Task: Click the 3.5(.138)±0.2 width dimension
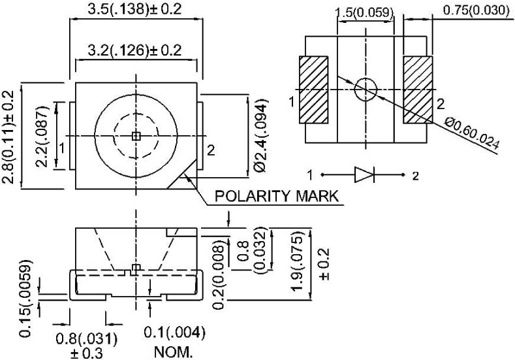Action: (x=134, y=9)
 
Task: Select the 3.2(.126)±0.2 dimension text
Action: (x=134, y=50)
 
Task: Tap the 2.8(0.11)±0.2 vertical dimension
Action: (x=8, y=137)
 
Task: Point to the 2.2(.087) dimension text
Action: (x=42, y=137)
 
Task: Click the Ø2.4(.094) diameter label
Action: (x=261, y=135)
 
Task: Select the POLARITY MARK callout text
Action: (x=276, y=196)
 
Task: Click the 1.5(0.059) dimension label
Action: (x=364, y=12)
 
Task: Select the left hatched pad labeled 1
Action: (x=313, y=90)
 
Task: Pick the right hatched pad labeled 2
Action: (x=418, y=90)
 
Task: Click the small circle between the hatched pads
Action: (x=366, y=89)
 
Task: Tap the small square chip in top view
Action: (x=136, y=136)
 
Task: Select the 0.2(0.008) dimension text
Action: (x=219, y=275)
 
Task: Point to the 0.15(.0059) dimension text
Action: (x=25, y=299)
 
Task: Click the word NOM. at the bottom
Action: (x=174, y=352)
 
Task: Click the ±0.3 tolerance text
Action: (x=86, y=353)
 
